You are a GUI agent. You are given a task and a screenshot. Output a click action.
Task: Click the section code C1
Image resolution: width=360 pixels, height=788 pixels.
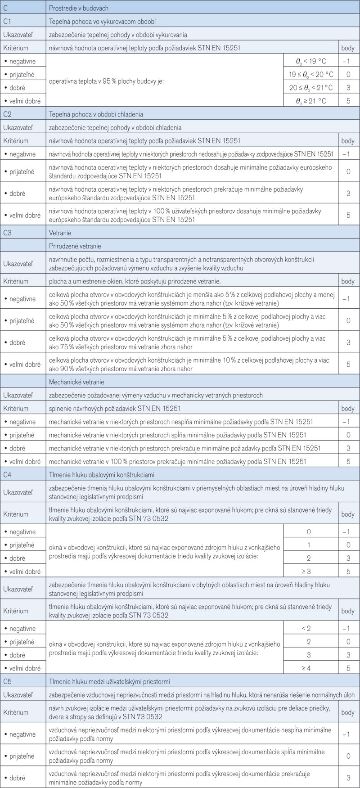8,21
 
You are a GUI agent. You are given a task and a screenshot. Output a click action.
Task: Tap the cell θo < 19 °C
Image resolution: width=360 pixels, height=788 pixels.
311,61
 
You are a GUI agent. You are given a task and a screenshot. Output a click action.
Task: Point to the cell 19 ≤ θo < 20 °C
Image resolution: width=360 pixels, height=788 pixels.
311,74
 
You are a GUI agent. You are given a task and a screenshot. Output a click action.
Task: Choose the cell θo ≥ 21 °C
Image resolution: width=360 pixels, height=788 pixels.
311,101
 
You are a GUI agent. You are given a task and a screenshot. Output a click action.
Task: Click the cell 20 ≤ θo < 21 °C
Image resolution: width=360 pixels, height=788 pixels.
311,88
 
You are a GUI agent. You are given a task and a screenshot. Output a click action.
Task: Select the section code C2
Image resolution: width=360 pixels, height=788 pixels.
8,114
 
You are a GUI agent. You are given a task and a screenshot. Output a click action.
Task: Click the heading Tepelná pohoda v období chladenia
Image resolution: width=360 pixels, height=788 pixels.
96,114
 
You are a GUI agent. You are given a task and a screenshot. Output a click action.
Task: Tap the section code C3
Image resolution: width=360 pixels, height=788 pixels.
8,233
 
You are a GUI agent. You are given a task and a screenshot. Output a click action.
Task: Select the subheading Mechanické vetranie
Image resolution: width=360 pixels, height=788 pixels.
76,382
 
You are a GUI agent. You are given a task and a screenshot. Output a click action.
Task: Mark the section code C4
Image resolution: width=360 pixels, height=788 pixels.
8,475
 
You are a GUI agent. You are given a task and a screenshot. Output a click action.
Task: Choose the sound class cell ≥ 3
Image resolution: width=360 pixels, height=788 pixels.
309,572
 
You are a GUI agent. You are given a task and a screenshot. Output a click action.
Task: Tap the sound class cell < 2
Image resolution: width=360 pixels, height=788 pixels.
309,628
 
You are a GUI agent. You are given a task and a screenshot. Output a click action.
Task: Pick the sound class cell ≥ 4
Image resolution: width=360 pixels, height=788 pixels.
309,668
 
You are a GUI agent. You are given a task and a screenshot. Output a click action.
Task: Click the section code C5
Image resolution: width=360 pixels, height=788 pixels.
8,682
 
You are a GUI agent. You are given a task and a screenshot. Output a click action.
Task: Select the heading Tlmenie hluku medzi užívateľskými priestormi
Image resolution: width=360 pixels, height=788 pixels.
109,682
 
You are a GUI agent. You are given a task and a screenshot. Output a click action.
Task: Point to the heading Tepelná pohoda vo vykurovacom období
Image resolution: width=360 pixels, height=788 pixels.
102,21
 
